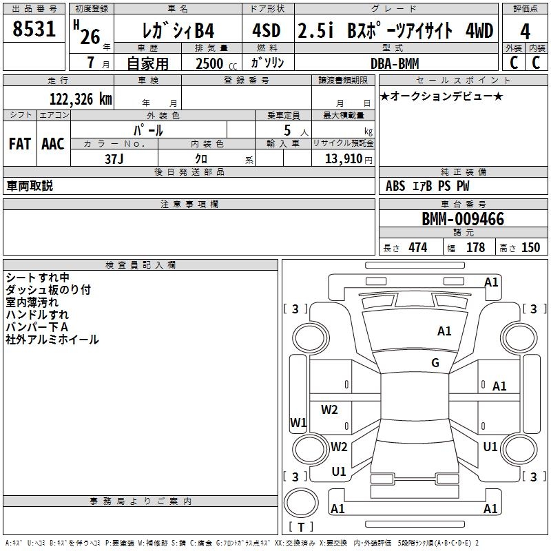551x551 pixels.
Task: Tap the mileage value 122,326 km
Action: tap(81, 98)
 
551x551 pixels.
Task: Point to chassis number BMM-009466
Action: tap(463, 219)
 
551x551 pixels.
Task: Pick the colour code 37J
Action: tap(114, 158)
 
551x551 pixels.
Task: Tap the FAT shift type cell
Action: tap(19, 144)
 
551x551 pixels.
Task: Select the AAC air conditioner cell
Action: tap(53, 144)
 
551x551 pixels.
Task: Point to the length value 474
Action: tap(417, 247)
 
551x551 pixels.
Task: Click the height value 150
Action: tap(530, 247)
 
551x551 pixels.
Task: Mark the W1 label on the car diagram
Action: tap(298, 422)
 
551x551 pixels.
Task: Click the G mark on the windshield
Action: tap(435, 363)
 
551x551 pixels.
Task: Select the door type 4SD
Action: tap(267, 31)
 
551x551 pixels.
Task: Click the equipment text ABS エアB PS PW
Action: tap(427, 186)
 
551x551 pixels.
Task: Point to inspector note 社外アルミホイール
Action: tap(52, 339)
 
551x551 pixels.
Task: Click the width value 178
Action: tap(475, 247)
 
